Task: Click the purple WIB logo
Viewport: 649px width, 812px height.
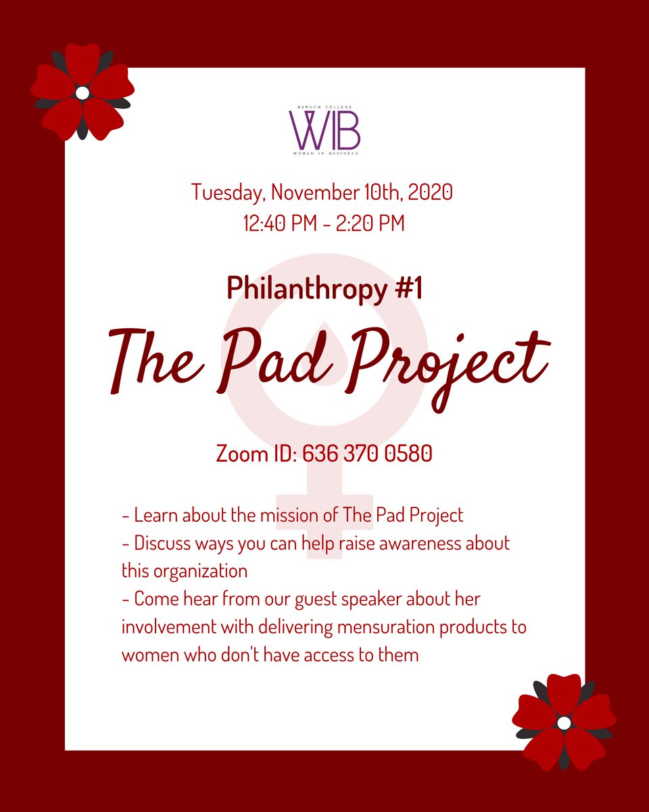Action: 324,130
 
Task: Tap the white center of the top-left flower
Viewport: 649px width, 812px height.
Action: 82,93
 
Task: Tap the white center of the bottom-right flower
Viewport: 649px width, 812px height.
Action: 564,723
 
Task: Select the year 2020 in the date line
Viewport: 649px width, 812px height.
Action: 430,192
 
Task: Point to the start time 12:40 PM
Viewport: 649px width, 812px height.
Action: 280,223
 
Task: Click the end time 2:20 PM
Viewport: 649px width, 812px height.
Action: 370,223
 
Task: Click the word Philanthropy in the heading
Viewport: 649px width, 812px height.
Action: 307,290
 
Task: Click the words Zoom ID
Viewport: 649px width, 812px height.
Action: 256,453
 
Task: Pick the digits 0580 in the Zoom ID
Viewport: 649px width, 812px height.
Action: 408,453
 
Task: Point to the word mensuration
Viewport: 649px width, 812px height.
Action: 386,627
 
